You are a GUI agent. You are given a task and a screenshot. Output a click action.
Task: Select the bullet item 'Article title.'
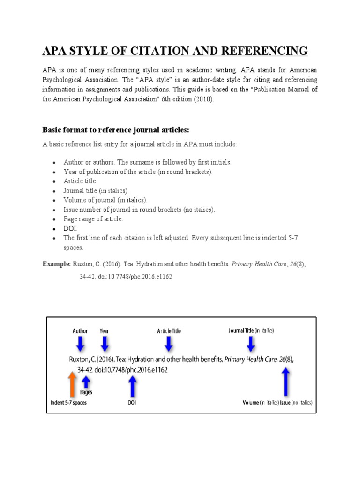click(x=80, y=181)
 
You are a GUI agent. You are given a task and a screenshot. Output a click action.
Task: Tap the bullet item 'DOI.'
click(x=71, y=228)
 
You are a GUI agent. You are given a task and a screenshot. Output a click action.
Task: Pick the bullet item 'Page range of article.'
click(x=93, y=219)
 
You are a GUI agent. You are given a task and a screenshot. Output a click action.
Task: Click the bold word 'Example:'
click(x=56, y=264)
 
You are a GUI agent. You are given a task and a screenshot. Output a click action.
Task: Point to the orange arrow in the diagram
click(x=72, y=384)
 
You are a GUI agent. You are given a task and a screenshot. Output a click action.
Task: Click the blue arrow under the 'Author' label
click(x=80, y=345)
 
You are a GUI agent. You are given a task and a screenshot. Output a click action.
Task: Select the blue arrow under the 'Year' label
click(x=104, y=345)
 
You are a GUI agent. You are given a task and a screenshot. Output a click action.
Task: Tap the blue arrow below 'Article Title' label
click(x=168, y=345)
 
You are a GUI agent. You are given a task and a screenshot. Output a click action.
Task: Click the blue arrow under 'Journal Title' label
click(x=251, y=345)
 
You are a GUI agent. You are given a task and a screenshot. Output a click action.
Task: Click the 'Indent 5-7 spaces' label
click(x=69, y=403)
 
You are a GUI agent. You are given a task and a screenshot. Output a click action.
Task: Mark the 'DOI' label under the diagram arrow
click(x=132, y=403)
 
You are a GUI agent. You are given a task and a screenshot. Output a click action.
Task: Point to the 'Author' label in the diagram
click(x=80, y=331)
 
